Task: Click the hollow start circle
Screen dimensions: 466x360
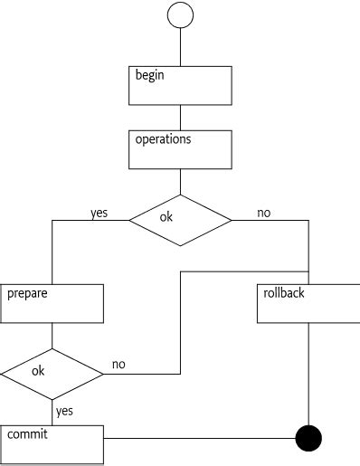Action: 181,15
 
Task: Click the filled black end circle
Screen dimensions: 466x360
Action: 309,439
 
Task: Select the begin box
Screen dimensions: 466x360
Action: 181,85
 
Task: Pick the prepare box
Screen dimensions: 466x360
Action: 52,303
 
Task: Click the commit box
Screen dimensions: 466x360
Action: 52,443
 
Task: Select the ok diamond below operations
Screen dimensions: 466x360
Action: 181,220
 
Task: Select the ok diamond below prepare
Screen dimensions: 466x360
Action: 52,371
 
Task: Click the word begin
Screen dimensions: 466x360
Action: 150,75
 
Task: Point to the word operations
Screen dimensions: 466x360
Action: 163,140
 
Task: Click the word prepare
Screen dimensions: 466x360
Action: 28,294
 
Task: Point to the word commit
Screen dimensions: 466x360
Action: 28,434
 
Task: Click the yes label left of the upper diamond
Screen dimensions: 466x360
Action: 99,214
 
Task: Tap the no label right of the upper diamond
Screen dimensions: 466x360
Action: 264,214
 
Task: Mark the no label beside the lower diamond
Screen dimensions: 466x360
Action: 118,365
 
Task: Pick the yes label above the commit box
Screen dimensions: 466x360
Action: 64,411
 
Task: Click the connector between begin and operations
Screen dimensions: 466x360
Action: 181,118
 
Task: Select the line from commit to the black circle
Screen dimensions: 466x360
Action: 199,439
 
